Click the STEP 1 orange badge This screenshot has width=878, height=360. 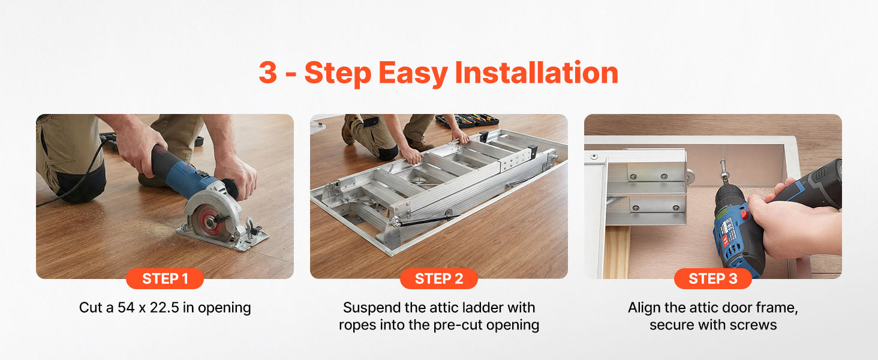point(164,278)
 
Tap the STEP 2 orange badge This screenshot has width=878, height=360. point(438,278)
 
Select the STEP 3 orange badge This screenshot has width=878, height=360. point(712,278)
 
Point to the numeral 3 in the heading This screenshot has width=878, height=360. point(268,73)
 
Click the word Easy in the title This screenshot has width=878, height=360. point(413,74)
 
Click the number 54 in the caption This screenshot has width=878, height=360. point(126,307)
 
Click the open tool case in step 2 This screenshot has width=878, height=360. point(467,121)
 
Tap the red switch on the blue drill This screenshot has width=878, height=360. point(745,215)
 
